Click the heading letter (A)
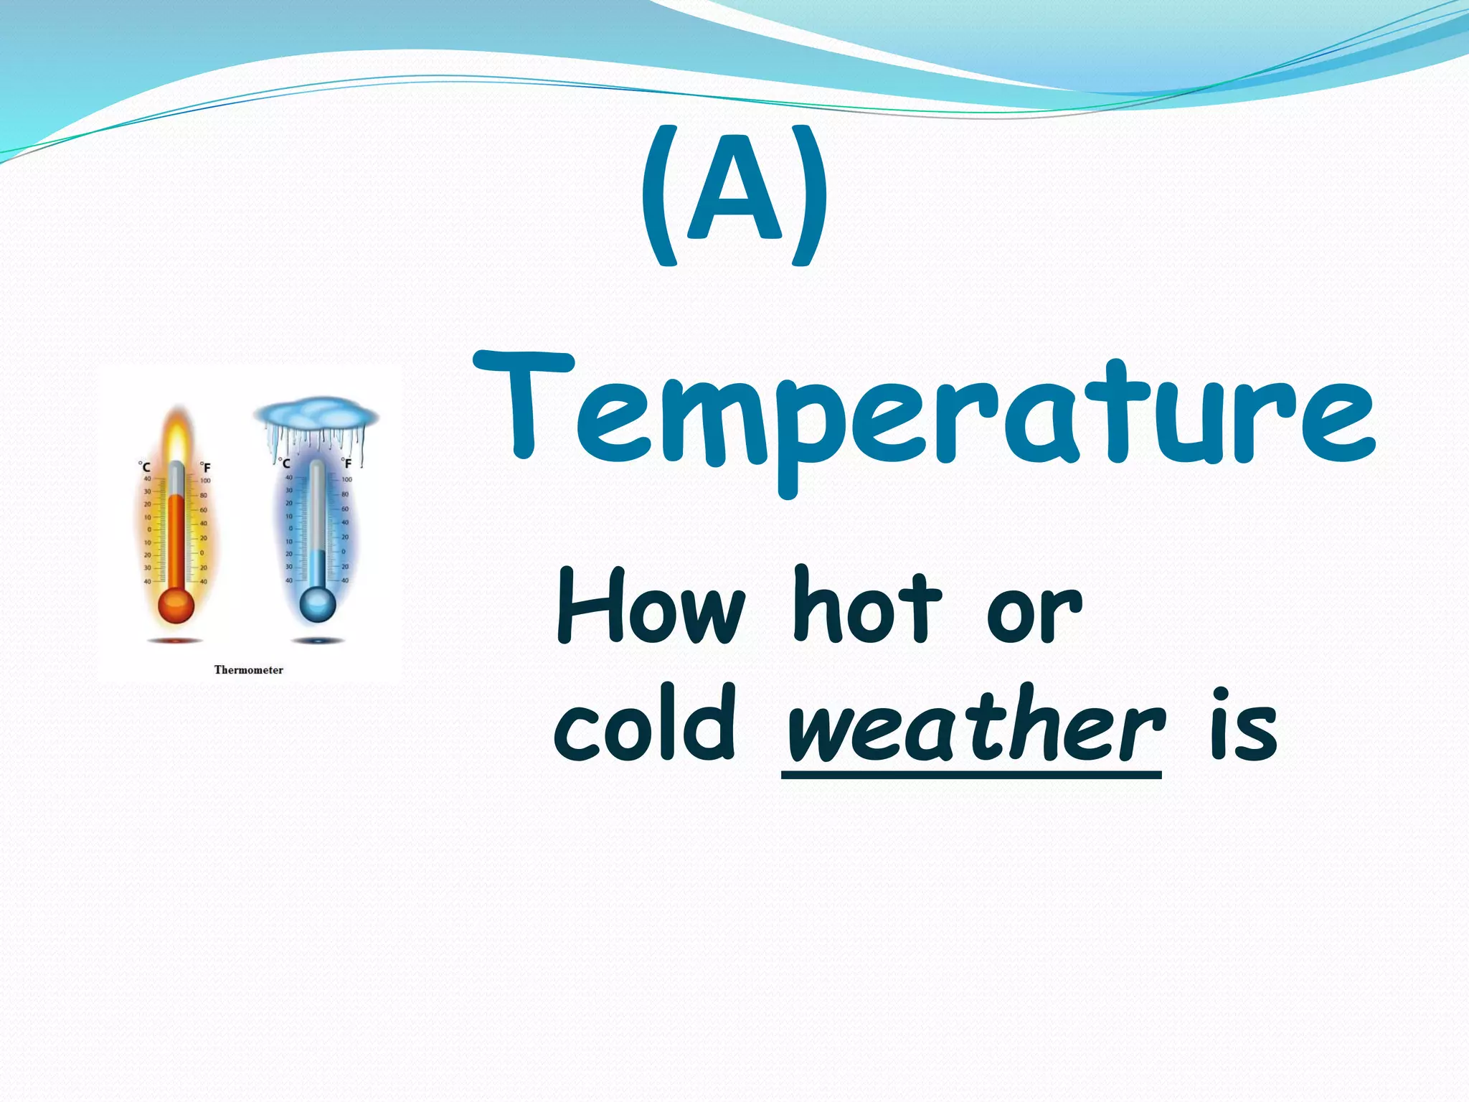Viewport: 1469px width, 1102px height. pos(734,194)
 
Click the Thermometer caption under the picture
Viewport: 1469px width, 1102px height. pos(249,670)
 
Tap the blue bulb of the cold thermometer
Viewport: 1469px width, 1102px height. pos(317,604)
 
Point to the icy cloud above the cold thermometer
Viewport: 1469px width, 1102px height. pos(316,416)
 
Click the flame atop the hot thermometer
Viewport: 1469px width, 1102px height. pos(176,434)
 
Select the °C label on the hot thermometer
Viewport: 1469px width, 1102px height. pos(144,466)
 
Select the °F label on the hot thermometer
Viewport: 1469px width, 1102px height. pos(205,467)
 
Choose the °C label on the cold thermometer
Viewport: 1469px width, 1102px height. pos(285,463)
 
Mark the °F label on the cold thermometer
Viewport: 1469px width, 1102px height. pos(346,463)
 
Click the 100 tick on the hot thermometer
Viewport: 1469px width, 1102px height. pos(205,481)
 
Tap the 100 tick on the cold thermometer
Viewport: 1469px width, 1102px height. pos(346,479)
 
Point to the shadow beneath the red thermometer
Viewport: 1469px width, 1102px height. pos(176,640)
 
